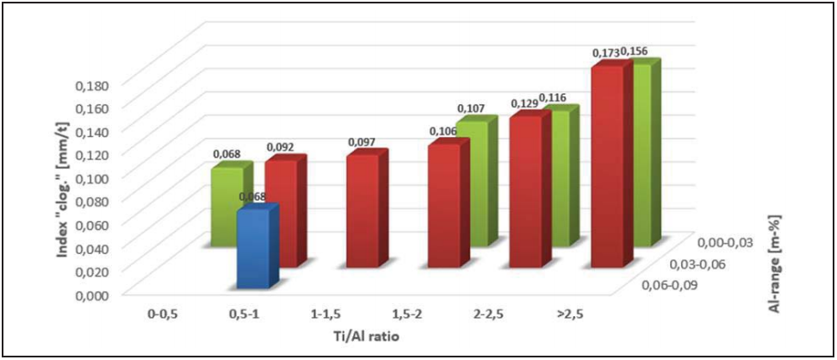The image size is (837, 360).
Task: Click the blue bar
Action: (254, 250)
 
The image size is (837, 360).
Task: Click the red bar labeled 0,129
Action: (524, 189)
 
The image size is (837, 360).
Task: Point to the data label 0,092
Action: (281, 147)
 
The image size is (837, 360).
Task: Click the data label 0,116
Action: (553, 98)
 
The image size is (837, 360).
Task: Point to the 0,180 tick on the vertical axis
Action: (94, 86)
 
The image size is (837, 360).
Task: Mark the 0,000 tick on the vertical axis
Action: (94, 294)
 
